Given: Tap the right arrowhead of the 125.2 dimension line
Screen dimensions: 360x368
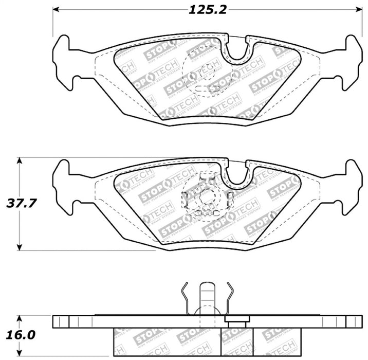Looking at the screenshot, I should [x=358, y=10].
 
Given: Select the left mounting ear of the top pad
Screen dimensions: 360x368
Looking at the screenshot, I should [x=64, y=62].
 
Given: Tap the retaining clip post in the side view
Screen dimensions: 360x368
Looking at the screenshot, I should [x=207, y=298].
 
